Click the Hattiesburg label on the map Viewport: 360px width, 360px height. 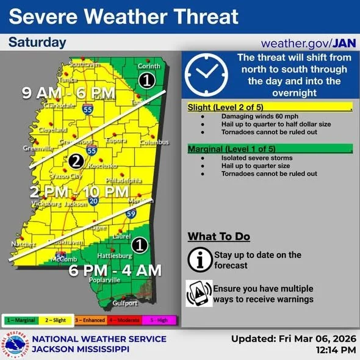112,255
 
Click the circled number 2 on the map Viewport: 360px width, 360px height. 76,161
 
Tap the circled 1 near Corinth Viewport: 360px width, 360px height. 145,80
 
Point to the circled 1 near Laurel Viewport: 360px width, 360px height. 140,245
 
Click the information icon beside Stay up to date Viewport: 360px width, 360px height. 197,259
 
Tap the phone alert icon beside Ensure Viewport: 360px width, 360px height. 198,293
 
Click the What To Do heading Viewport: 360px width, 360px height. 218,237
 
